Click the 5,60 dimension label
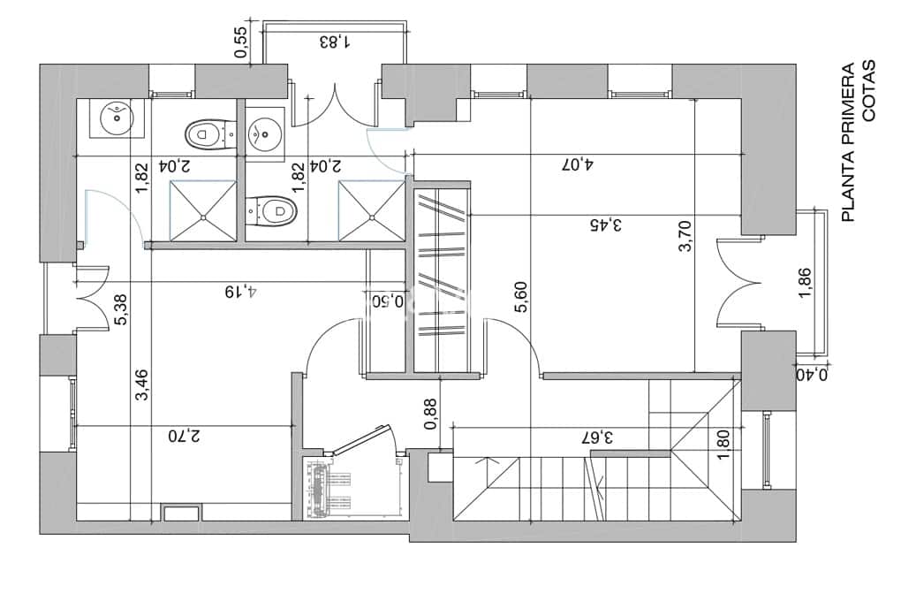click(521, 297)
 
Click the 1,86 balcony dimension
click(806, 283)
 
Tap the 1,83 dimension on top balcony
click(333, 41)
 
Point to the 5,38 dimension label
click(121, 310)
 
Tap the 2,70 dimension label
click(184, 435)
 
